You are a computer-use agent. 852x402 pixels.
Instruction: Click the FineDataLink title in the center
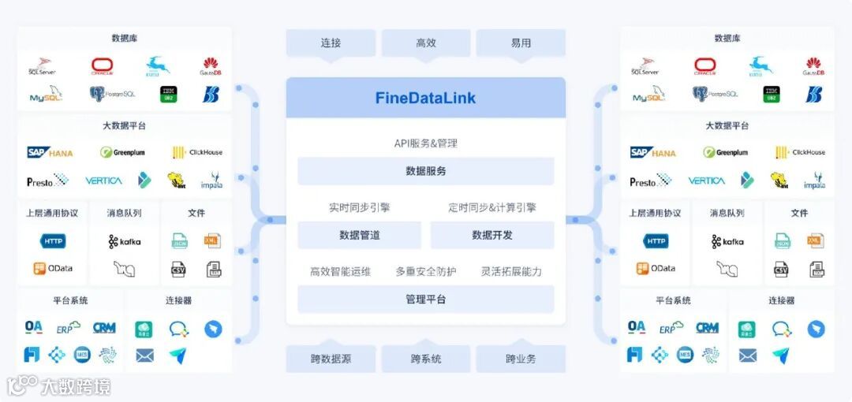(x=425, y=99)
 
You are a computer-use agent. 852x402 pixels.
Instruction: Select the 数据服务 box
(x=425, y=171)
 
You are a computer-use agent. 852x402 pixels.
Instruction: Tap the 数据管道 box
(x=359, y=235)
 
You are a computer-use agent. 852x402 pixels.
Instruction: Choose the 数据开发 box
(x=491, y=235)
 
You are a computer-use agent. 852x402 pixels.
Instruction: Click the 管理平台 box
(x=425, y=300)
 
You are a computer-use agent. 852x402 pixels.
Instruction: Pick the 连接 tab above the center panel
(x=331, y=43)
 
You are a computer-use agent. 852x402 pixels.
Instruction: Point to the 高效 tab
(x=425, y=43)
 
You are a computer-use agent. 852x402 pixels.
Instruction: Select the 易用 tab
(x=521, y=43)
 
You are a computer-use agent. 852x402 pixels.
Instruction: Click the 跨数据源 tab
(x=331, y=359)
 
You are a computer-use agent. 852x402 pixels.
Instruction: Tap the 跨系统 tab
(x=425, y=359)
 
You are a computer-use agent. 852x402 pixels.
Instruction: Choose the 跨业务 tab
(x=521, y=359)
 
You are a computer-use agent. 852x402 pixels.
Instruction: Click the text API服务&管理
(x=425, y=143)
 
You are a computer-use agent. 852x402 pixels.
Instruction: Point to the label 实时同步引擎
(x=359, y=208)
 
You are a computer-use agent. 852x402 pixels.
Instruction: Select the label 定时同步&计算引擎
(x=491, y=208)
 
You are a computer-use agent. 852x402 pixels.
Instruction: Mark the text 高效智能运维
(x=340, y=272)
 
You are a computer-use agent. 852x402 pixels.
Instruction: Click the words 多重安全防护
(x=425, y=272)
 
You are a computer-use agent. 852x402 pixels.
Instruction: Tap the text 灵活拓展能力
(x=511, y=272)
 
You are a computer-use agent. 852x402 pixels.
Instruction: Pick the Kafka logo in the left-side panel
(x=125, y=241)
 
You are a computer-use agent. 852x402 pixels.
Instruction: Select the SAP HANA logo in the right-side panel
(x=652, y=153)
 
